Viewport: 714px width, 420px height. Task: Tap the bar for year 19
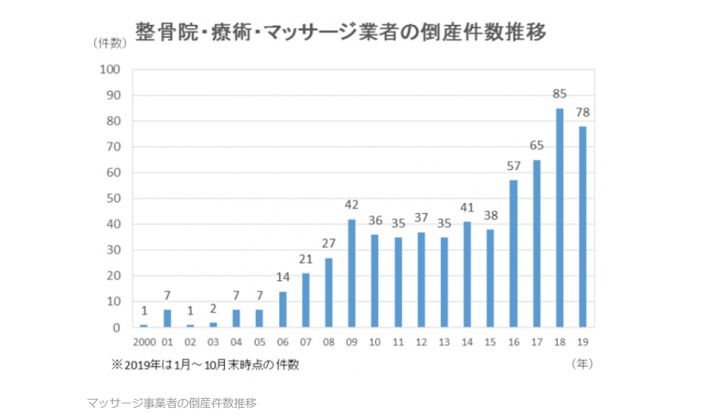(x=583, y=227)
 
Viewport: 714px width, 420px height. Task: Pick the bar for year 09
(x=352, y=273)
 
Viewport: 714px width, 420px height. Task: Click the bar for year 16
(x=513, y=254)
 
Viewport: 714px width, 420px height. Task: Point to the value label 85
(x=559, y=95)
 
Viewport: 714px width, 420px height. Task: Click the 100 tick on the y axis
(x=111, y=69)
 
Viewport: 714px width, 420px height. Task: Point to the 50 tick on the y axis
(x=114, y=199)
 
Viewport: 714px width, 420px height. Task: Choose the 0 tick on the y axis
(x=117, y=328)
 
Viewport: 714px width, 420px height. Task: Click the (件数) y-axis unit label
(x=110, y=43)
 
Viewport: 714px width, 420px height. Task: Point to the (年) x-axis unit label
(x=582, y=364)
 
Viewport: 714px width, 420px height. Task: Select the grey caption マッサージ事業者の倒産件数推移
(x=171, y=403)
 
